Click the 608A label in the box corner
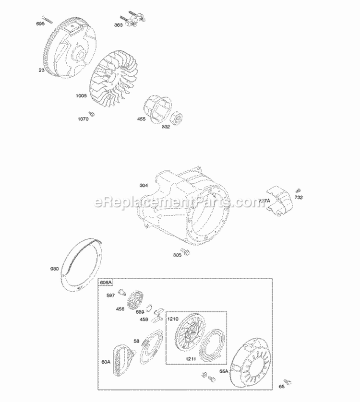pos(106,283)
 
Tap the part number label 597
pos(110,296)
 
